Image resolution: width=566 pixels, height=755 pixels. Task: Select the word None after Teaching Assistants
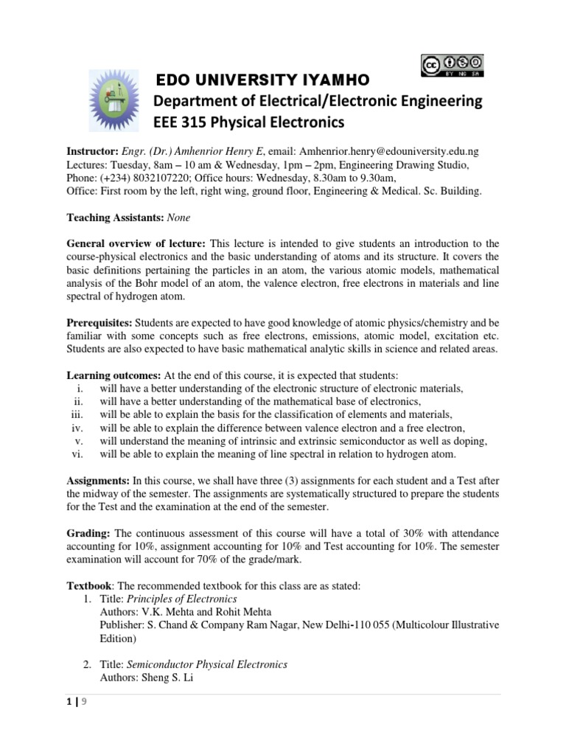pyautogui.click(x=178, y=218)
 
